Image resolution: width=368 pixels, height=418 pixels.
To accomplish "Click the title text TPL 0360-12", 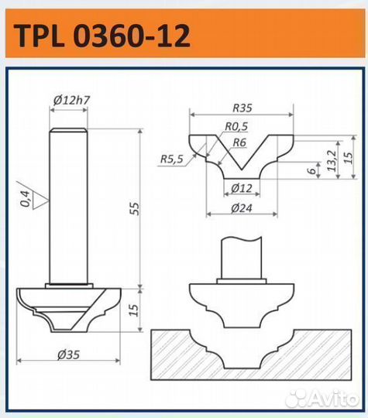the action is click(x=101, y=36).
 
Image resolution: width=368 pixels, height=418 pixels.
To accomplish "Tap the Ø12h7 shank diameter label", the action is click(x=71, y=100).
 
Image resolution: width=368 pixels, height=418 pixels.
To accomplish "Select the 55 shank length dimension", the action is click(x=135, y=208).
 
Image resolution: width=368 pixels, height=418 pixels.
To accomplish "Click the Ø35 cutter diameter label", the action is click(x=69, y=355).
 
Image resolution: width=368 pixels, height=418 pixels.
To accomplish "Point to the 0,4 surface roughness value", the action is click(x=26, y=199).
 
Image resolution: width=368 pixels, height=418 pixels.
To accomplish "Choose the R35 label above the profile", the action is click(x=242, y=108).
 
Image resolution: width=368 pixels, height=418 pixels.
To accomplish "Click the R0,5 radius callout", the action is click(x=236, y=126).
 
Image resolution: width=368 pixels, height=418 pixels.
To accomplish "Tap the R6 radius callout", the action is click(x=239, y=142).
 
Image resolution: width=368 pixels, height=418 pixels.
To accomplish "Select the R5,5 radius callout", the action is click(x=171, y=159).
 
